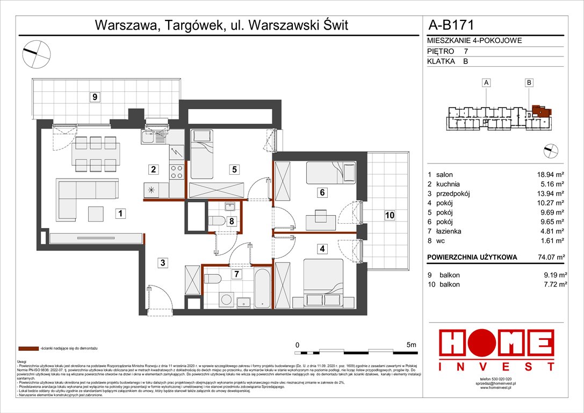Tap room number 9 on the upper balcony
point(95,97)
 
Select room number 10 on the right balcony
point(390,215)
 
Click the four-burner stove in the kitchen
point(177,172)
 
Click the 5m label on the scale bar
point(412,344)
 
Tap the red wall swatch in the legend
point(27,349)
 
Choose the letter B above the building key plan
point(529,82)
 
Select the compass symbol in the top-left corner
point(36,52)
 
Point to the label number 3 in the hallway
point(161,263)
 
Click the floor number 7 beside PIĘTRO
point(466,51)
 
